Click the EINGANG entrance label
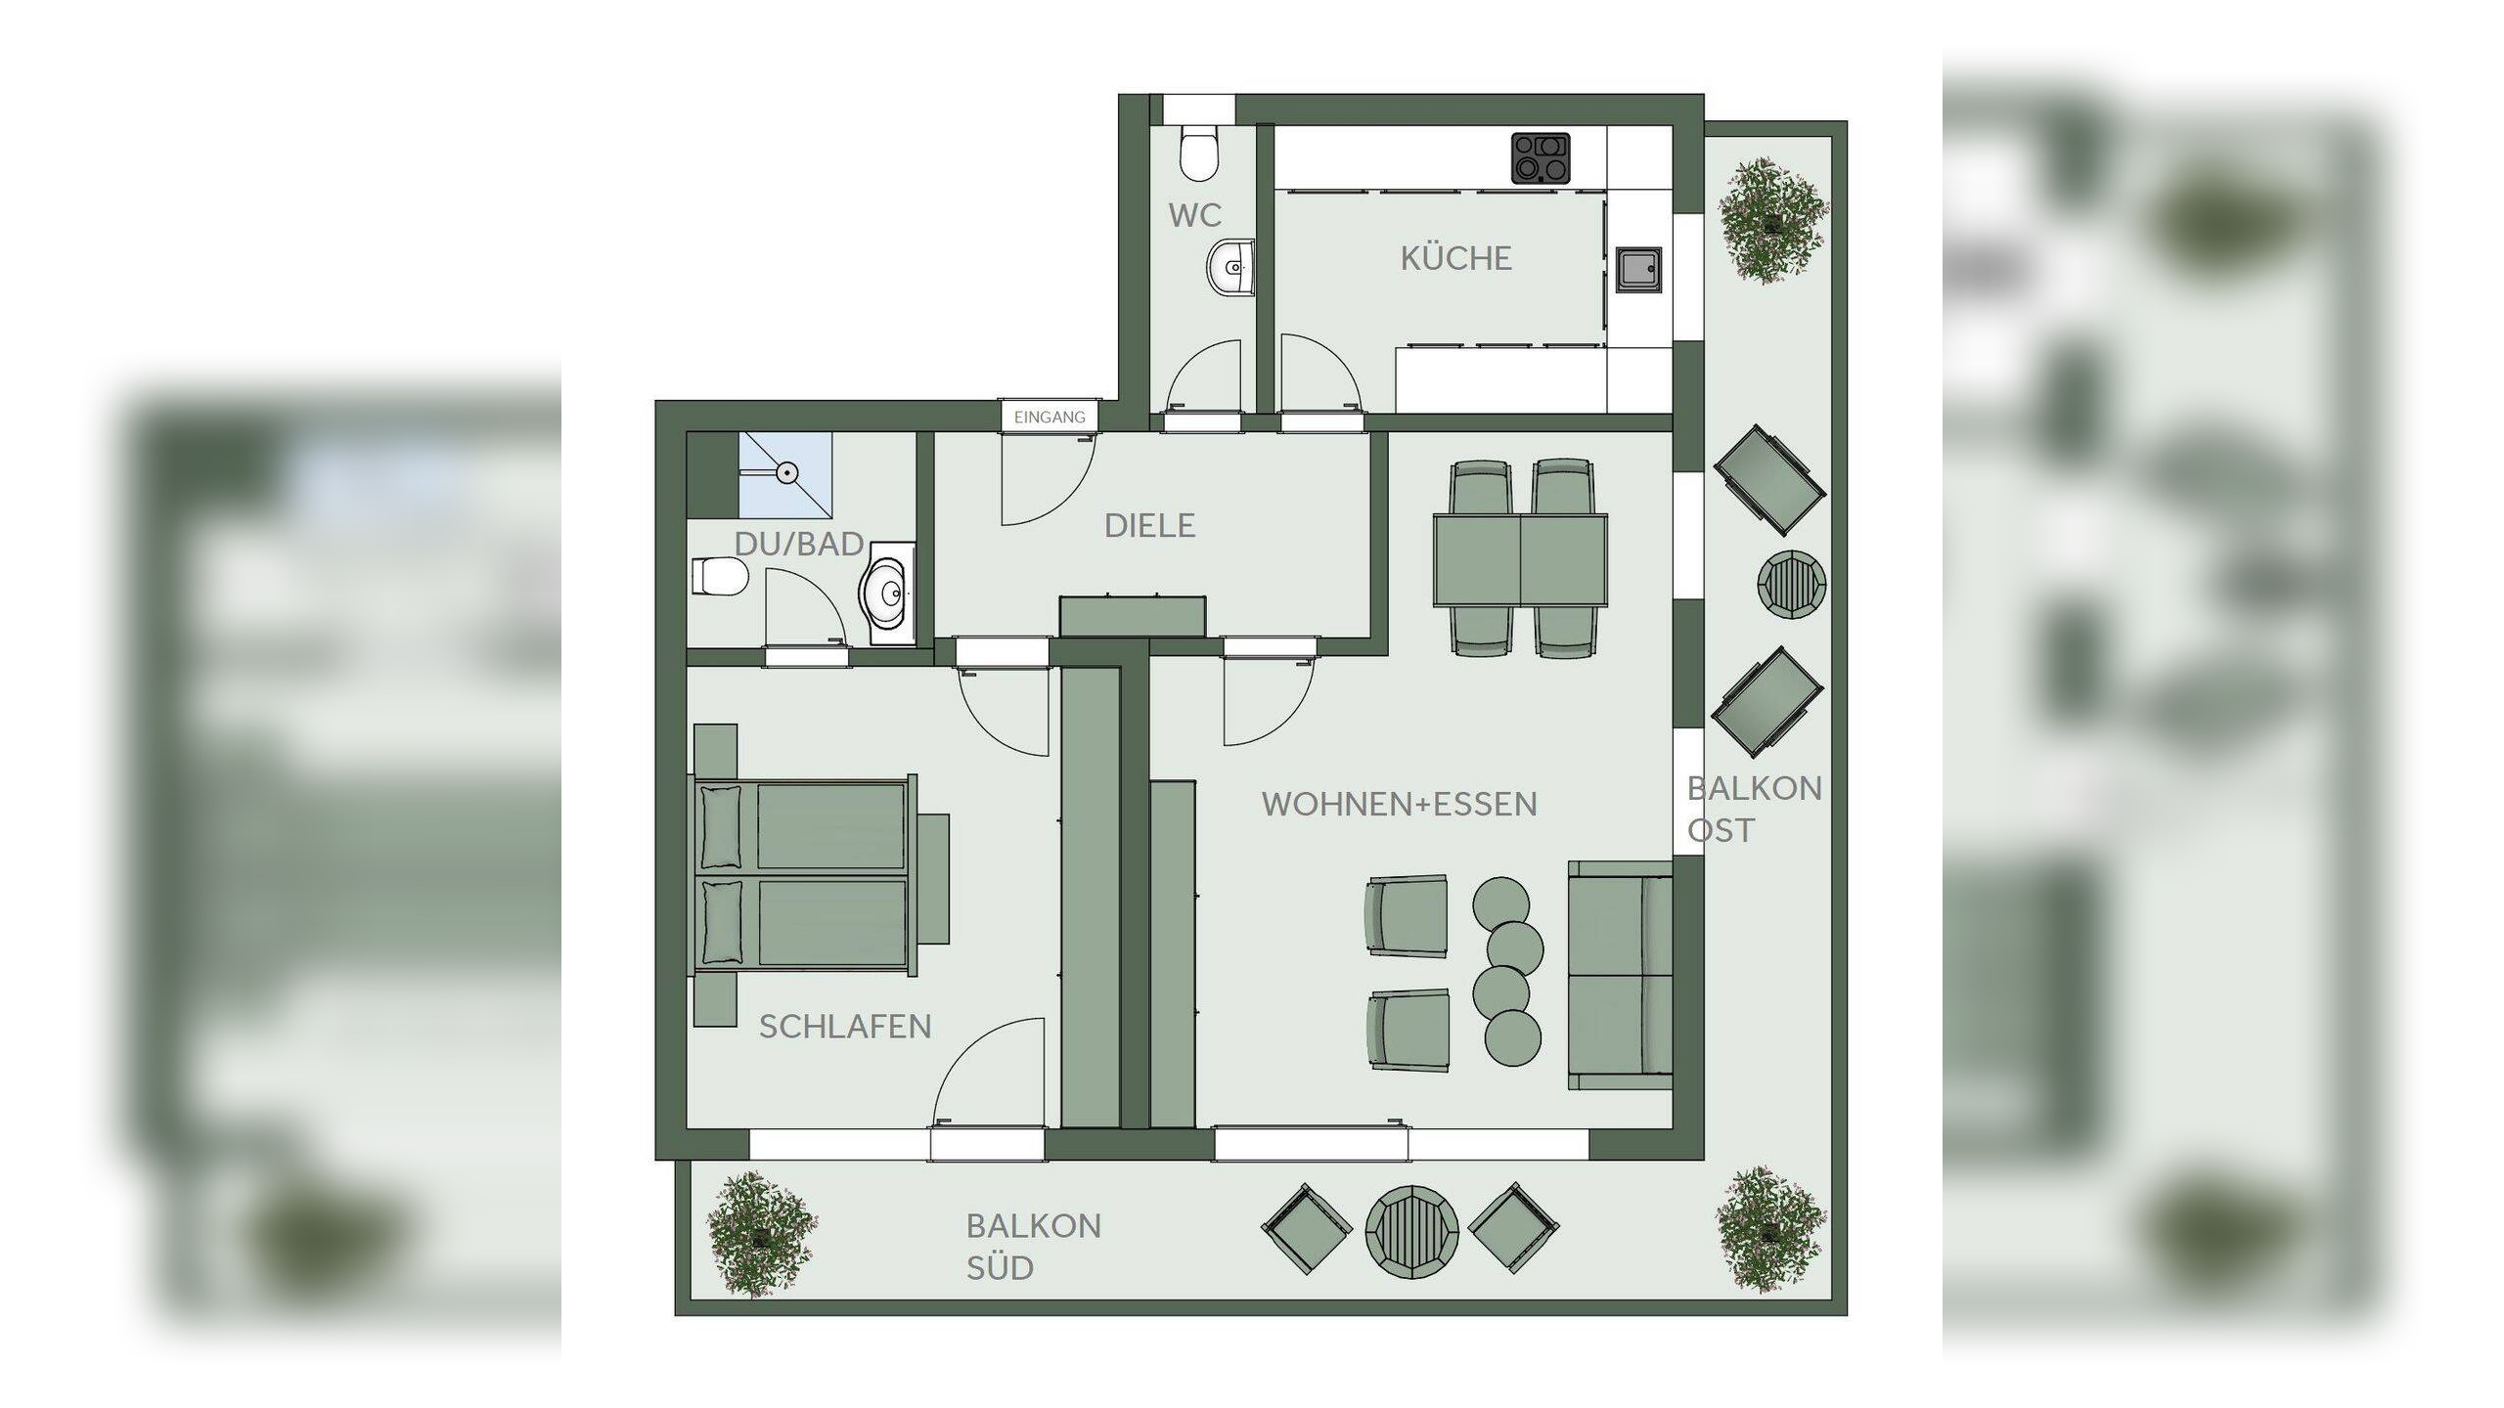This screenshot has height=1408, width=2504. pyautogui.click(x=1050, y=418)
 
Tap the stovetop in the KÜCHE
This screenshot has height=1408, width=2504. pyautogui.click(x=1541, y=158)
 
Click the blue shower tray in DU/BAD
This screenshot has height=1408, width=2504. pyautogui.click(x=785, y=474)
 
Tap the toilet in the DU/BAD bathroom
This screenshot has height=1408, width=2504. pyautogui.click(x=721, y=576)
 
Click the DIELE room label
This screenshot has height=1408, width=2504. pyautogui.click(x=1149, y=526)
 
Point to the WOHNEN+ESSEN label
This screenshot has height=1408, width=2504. pyautogui.click(x=1399, y=805)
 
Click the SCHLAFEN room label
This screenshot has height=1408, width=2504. pyautogui.click(x=845, y=1027)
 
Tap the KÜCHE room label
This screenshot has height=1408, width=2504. pyautogui.click(x=1456, y=258)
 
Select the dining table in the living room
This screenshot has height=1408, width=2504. pyautogui.click(x=1520, y=560)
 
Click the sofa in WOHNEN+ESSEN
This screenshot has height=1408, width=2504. pyautogui.click(x=1620, y=975)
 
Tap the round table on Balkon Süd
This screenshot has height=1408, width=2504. pyautogui.click(x=1412, y=1229)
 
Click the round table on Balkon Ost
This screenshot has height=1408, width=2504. pyautogui.click(x=1792, y=585)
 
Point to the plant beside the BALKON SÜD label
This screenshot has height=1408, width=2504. pyautogui.click(x=761, y=1234)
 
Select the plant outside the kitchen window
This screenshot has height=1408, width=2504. pyautogui.click(x=1773, y=220)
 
